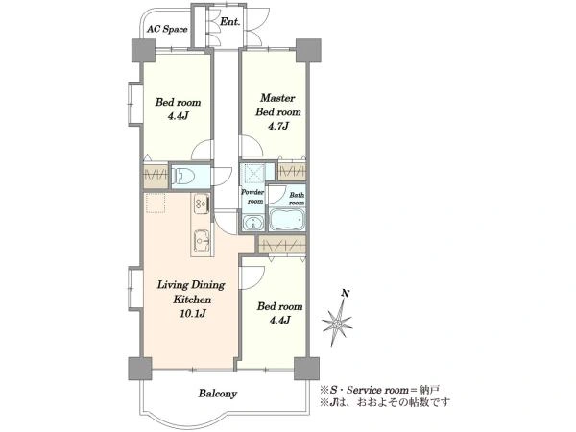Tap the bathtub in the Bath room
pos(287,219)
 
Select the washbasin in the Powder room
pos(253,223)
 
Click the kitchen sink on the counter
pos(202,241)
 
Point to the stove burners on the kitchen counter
pos(202,204)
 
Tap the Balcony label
pos(218,394)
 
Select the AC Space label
pos(167,29)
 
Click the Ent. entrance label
pos(230,22)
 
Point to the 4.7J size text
pos(277,126)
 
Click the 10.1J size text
pos(192,313)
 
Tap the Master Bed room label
pos(278,105)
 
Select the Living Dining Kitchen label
pos(191,292)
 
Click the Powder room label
pos(252,197)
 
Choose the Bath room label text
pos(297,199)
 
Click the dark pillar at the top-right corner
pos(308,50)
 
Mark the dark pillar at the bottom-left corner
pos(140,368)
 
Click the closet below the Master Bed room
pos(292,171)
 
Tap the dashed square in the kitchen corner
pos(155,203)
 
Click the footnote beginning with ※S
pos(380,390)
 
